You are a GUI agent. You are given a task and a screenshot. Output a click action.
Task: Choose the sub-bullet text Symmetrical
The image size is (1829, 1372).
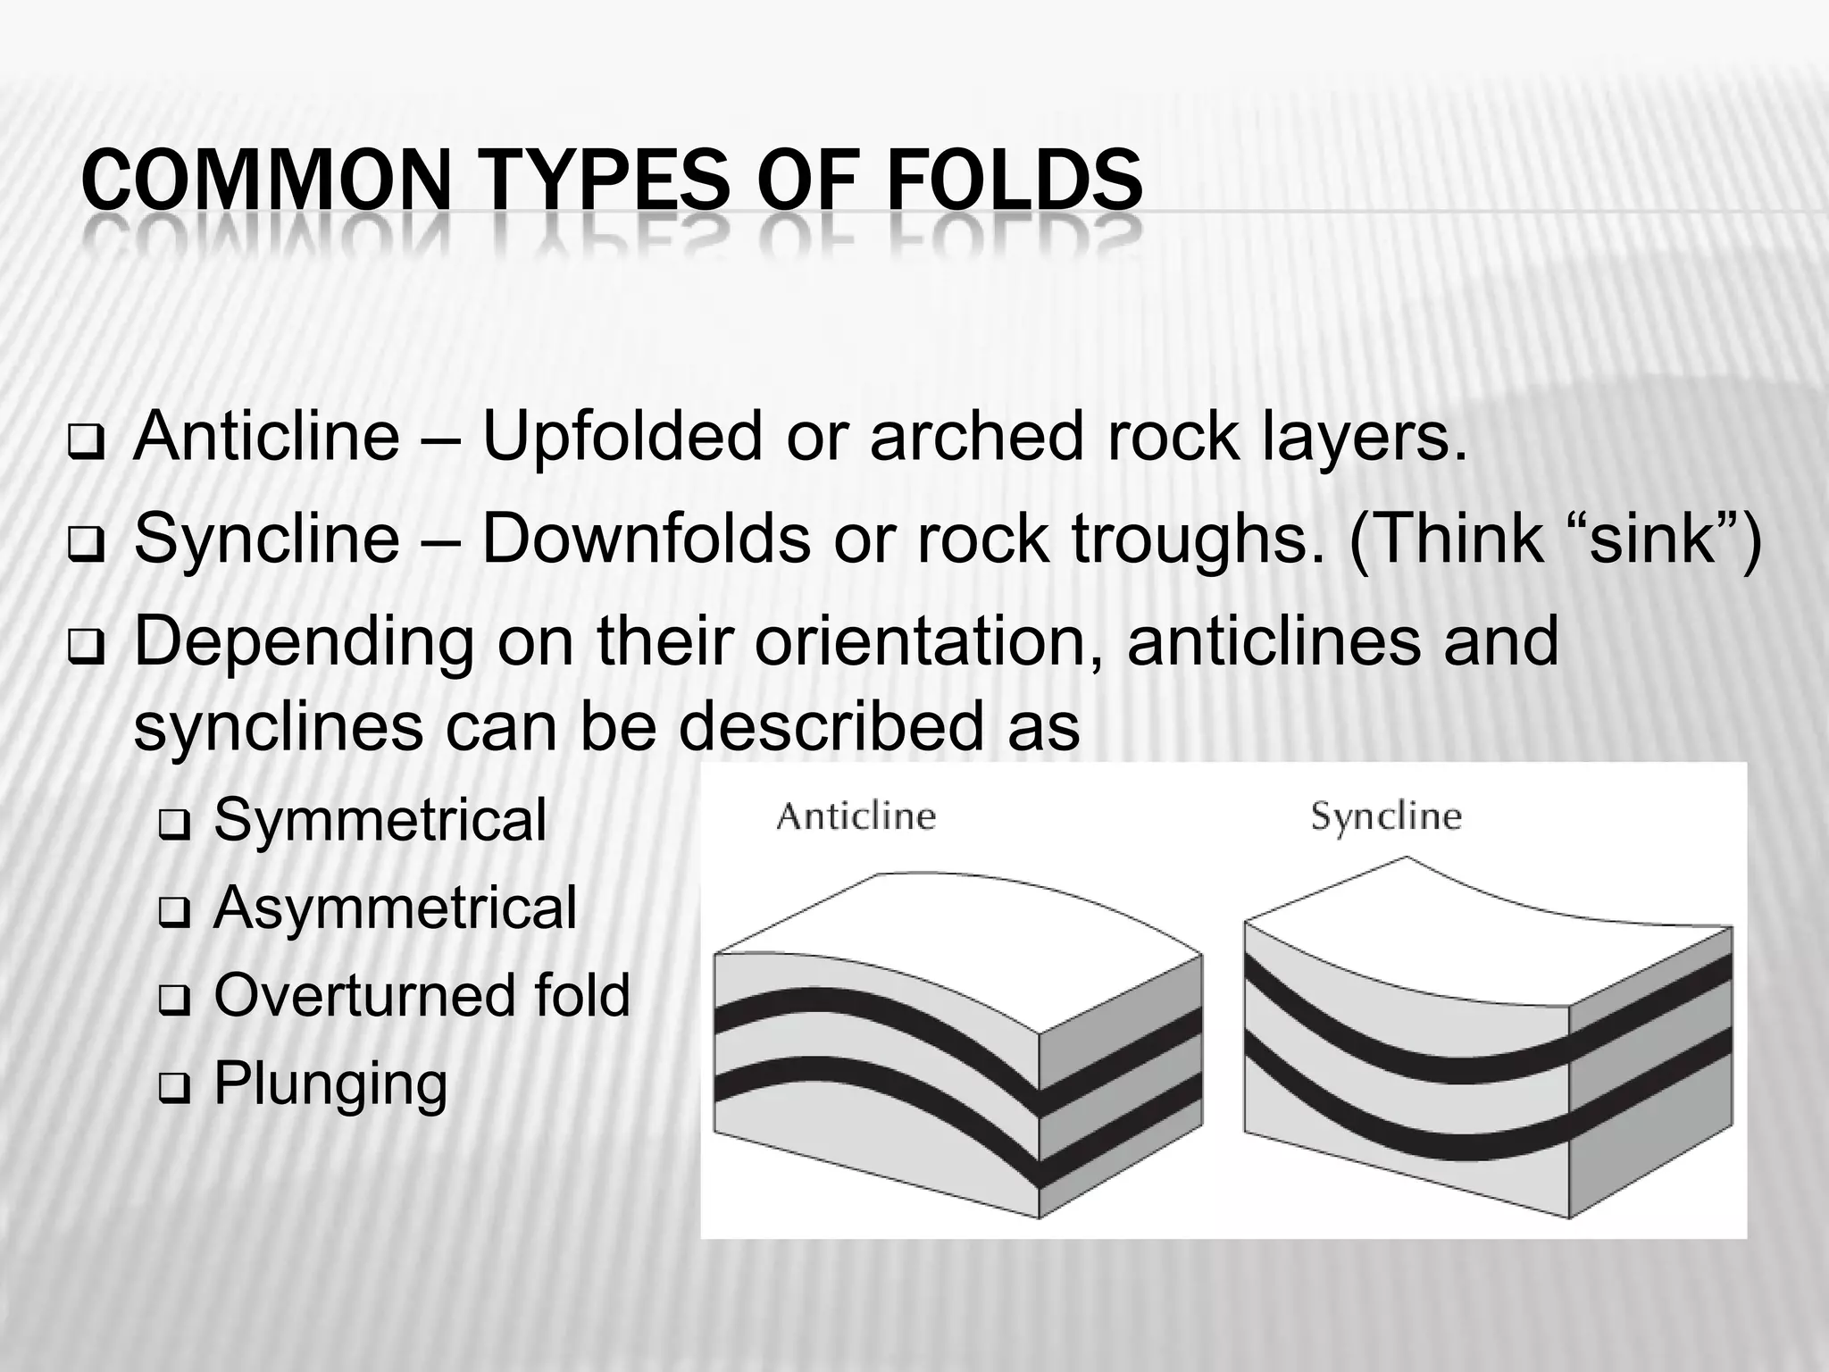380,819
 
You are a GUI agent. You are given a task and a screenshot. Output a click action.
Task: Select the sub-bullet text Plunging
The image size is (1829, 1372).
330,1083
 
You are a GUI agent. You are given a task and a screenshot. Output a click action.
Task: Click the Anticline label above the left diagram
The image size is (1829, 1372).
856,816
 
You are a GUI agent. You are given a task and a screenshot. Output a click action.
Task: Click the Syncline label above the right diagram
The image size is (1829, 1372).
1386,816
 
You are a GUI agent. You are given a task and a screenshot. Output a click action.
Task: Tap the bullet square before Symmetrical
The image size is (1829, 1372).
170,824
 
